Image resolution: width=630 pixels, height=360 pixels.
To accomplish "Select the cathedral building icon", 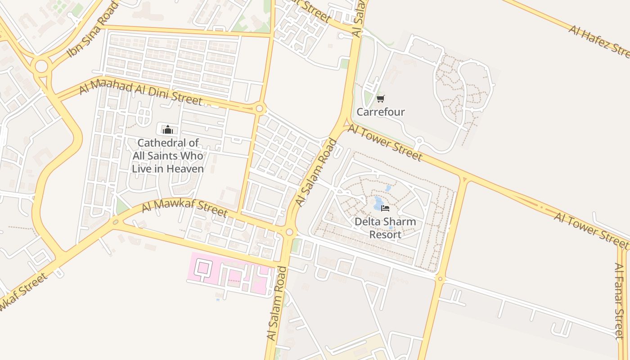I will [168, 130].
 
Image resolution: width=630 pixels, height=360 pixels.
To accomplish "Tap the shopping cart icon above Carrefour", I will [381, 99].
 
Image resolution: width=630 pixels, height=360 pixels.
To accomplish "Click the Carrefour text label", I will [381, 112].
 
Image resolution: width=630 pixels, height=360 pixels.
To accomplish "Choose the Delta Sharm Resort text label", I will [385, 228].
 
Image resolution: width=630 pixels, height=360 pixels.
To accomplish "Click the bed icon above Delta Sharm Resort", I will [385, 208].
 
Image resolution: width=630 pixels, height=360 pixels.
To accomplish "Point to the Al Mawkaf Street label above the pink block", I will [184, 208].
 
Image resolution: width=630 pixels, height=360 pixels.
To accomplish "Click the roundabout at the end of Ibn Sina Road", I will [41, 67].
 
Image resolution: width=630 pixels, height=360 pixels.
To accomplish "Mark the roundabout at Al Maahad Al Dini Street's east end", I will [259, 108].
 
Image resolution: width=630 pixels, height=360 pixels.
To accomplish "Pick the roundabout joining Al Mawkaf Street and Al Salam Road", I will [290, 232].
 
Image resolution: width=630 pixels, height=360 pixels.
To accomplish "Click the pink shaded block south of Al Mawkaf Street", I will [229, 274].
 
